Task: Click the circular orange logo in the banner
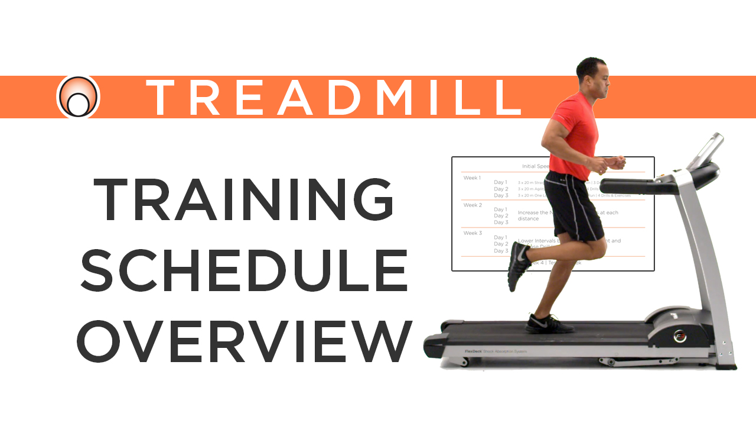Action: point(79,97)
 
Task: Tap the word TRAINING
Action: point(243,200)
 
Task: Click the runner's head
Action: point(591,78)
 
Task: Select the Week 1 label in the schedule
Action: point(472,178)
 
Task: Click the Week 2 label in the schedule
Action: point(472,205)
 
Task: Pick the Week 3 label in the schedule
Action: point(472,233)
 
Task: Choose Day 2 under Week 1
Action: point(501,189)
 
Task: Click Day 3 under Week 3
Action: point(501,251)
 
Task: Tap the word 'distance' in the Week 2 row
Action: point(528,219)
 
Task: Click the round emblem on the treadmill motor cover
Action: point(680,335)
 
